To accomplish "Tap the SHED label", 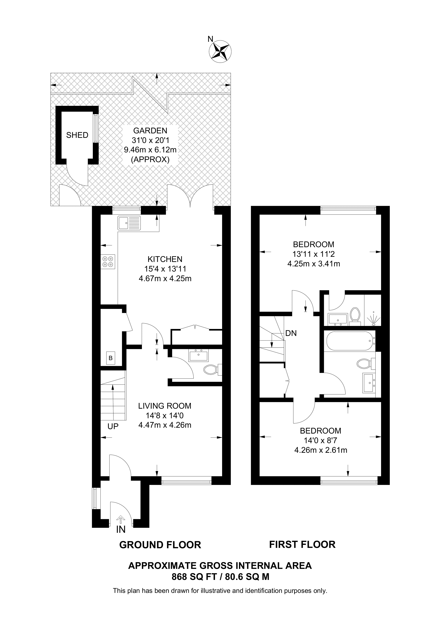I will click(x=77, y=135).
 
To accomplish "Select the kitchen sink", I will click(x=129, y=223).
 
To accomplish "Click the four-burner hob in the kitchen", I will click(x=108, y=261).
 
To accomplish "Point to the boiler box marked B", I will click(x=111, y=358).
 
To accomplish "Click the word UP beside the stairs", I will click(x=113, y=426).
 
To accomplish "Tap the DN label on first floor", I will click(x=291, y=333).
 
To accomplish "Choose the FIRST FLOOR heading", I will click(x=302, y=544).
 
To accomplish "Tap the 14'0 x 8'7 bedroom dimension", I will click(x=321, y=440).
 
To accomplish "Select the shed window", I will click(x=96, y=128).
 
